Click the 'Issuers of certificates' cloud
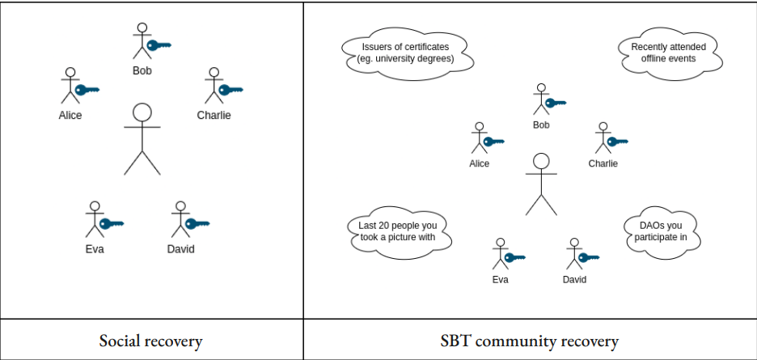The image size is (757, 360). pyautogui.click(x=405, y=53)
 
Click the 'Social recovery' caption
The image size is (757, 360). pyautogui.click(x=150, y=341)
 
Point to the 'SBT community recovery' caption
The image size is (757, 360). pyautogui.click(x=530, y=341)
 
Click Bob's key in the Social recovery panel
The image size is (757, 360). pyautogui.click(x=159, y=45)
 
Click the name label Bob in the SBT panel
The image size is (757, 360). pyautogui.click(x=541, y=125)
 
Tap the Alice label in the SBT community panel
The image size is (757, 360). pyautogui.click(x=480, y=163)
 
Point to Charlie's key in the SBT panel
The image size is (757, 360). pyautogui.click(x=617, y=142)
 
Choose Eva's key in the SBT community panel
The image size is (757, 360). pyautogui.click(x=514, y=258)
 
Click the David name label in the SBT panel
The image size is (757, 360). pyautogui.click(x=574, y=280)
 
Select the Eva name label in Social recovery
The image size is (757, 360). pyautogui.click(x=95, y=248)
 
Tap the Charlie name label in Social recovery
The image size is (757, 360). pyautogui.click(x=214, y=115)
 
